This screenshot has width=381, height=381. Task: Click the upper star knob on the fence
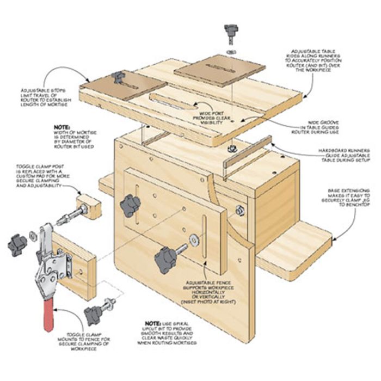coord(131,204)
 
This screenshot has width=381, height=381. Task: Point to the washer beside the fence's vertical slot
coord(195,240)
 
